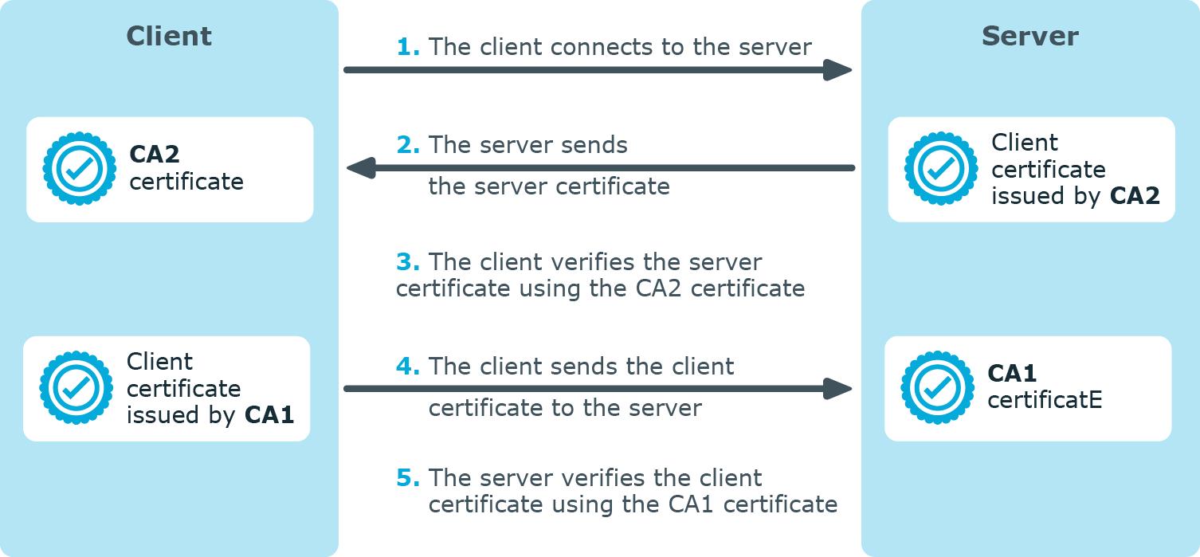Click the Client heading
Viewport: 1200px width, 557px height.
tap(169, 37)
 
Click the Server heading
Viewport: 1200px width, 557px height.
tap(1029, 37)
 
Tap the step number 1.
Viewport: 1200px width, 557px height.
tap(408, 47)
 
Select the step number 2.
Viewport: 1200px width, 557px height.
tap(408, 145)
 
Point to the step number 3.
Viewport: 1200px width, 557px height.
tap(408, 262)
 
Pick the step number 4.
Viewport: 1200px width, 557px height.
tap(408, 367)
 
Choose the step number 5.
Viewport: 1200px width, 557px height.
tap(408, 478)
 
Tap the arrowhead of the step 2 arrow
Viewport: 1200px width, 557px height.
tap(361, 168)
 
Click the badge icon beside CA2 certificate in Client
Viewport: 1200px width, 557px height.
tap(79, 169)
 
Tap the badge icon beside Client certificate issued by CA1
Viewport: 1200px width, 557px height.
tap(76, 388)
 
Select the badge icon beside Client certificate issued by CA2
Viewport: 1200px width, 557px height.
tap(941, 169)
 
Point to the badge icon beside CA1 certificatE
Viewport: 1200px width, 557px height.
tap(937, 388)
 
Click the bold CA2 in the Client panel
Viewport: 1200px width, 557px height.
tap(155, 155)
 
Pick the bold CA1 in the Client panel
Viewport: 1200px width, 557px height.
tap(269, 415)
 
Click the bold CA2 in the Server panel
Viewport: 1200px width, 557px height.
tap(1135, 196)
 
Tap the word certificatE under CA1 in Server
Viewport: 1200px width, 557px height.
tap(1045, 400)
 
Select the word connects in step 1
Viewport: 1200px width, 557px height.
tap(577, 47)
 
